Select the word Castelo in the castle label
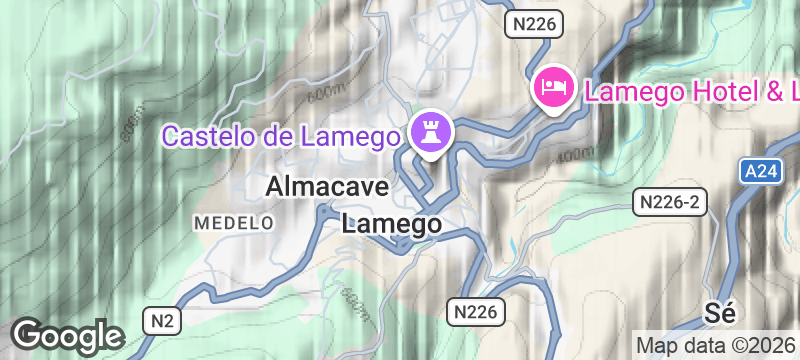point(206,135)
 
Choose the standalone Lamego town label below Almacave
point(391,225)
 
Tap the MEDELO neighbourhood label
point(234,221)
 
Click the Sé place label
point(720,311)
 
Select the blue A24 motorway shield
point(760,173)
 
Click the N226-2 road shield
point(671,203)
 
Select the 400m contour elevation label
point(572,153)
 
